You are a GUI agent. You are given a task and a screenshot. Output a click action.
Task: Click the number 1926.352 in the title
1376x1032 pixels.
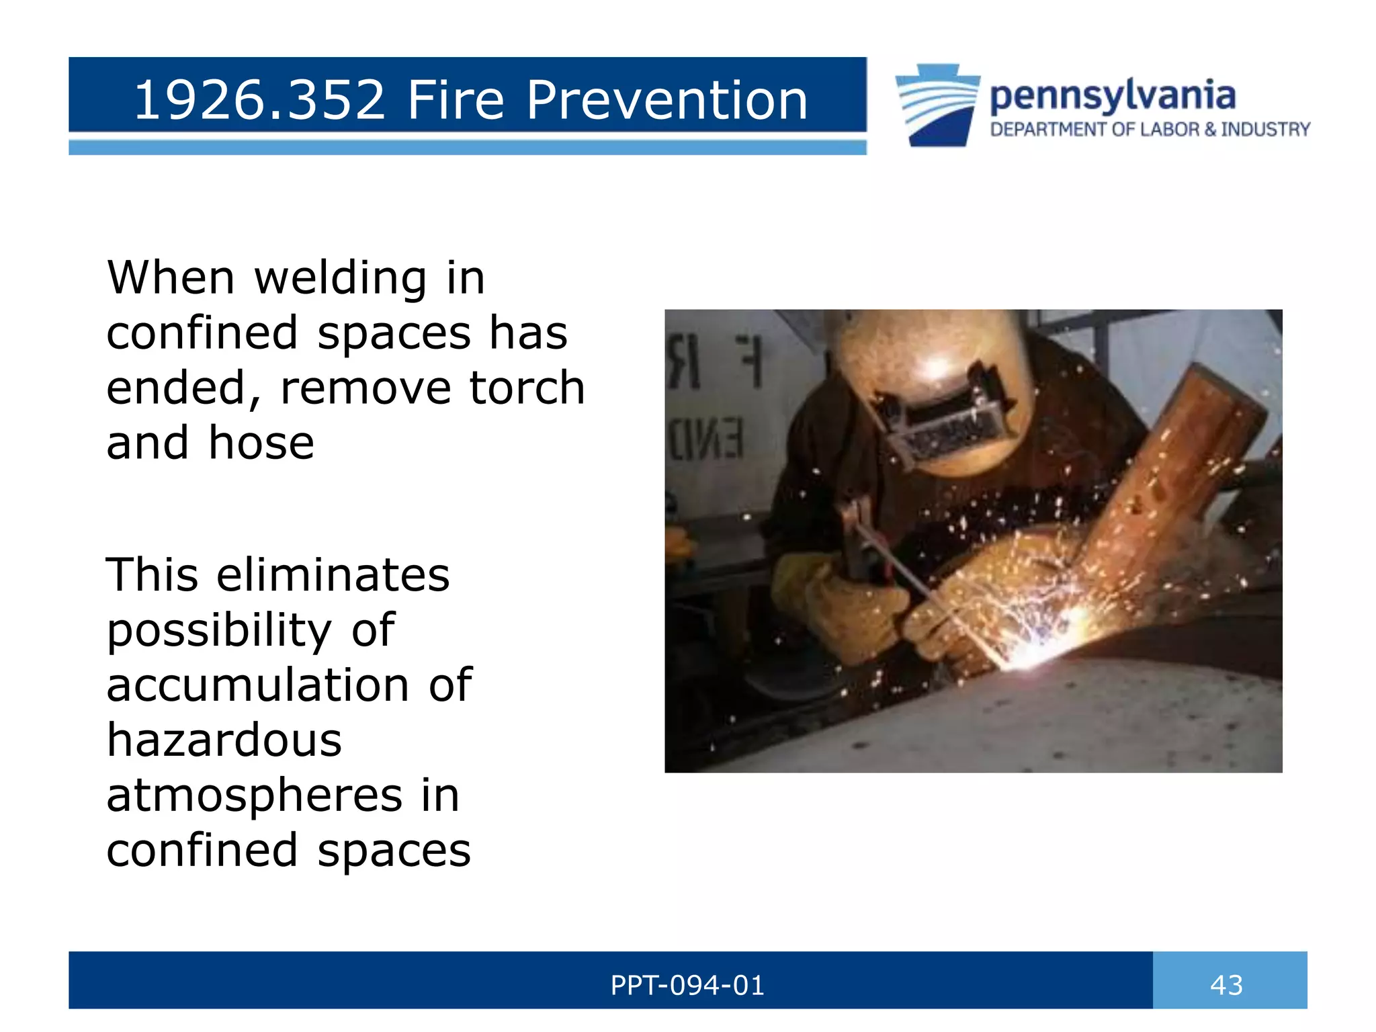259,100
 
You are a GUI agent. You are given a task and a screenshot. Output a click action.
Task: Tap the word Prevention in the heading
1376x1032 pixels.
666,100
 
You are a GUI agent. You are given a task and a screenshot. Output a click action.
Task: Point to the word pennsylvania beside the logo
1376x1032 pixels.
1112,97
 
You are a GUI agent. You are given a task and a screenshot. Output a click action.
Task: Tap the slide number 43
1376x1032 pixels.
1226,985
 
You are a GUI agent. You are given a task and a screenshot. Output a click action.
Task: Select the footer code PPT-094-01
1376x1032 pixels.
687,985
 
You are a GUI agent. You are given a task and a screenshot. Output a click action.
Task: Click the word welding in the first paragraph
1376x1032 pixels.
341,279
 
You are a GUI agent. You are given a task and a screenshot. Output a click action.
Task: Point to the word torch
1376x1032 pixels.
527,388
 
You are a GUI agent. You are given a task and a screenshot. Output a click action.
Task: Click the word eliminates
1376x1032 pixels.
333,575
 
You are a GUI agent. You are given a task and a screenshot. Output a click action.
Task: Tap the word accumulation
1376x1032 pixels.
257,685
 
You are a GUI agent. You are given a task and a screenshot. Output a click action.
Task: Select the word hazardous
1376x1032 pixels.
224,740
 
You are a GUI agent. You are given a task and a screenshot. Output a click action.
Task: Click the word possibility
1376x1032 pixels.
219,632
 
